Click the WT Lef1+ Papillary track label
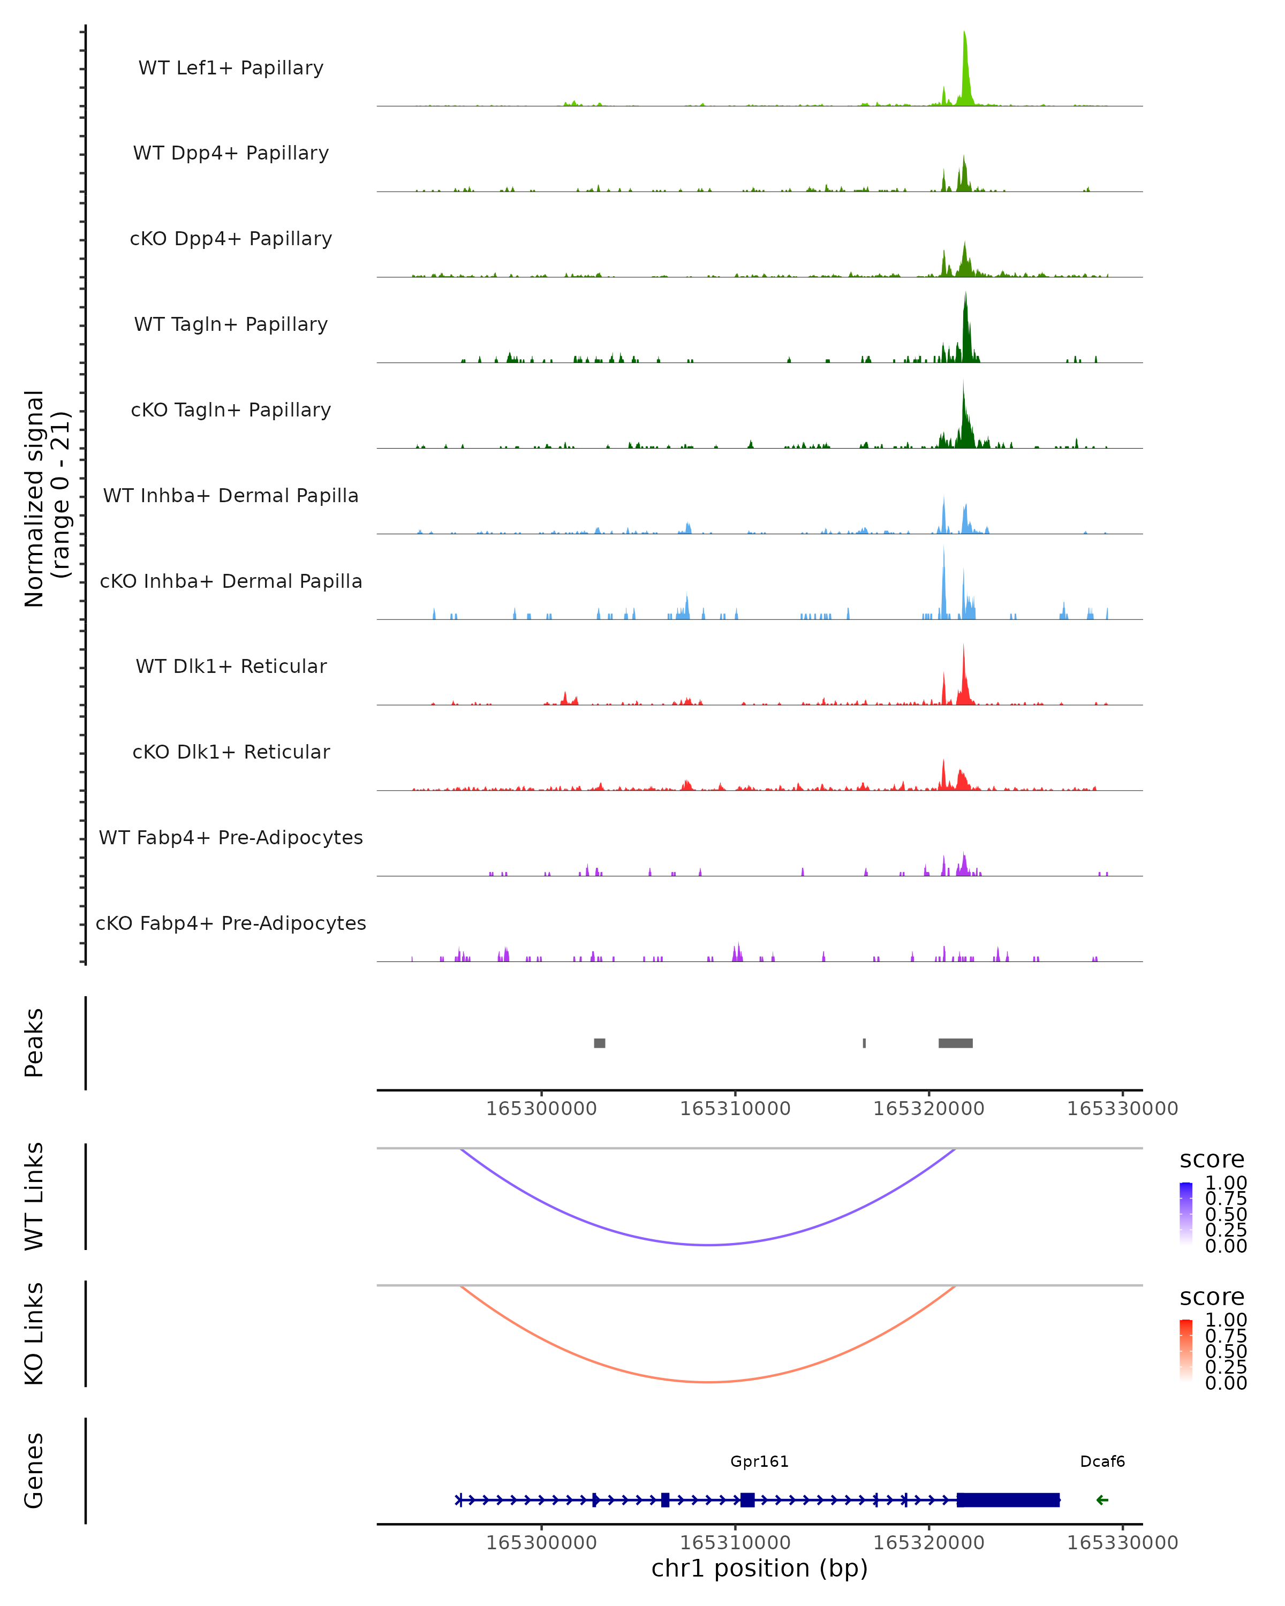tap(231, 68)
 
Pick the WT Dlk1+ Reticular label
tap(231, 666)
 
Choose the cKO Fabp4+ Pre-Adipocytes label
tap(231, 923)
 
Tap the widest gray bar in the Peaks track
tap(955, 1043)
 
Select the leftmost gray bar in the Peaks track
tap(599, 1043)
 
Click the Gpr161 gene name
tap(759, 1461)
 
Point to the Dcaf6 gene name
tap(1102, 1461)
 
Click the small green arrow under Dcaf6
tap(1102, 1499)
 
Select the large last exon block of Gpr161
tap(1008, 1499)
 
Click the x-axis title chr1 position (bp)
tap(759, 1568)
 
